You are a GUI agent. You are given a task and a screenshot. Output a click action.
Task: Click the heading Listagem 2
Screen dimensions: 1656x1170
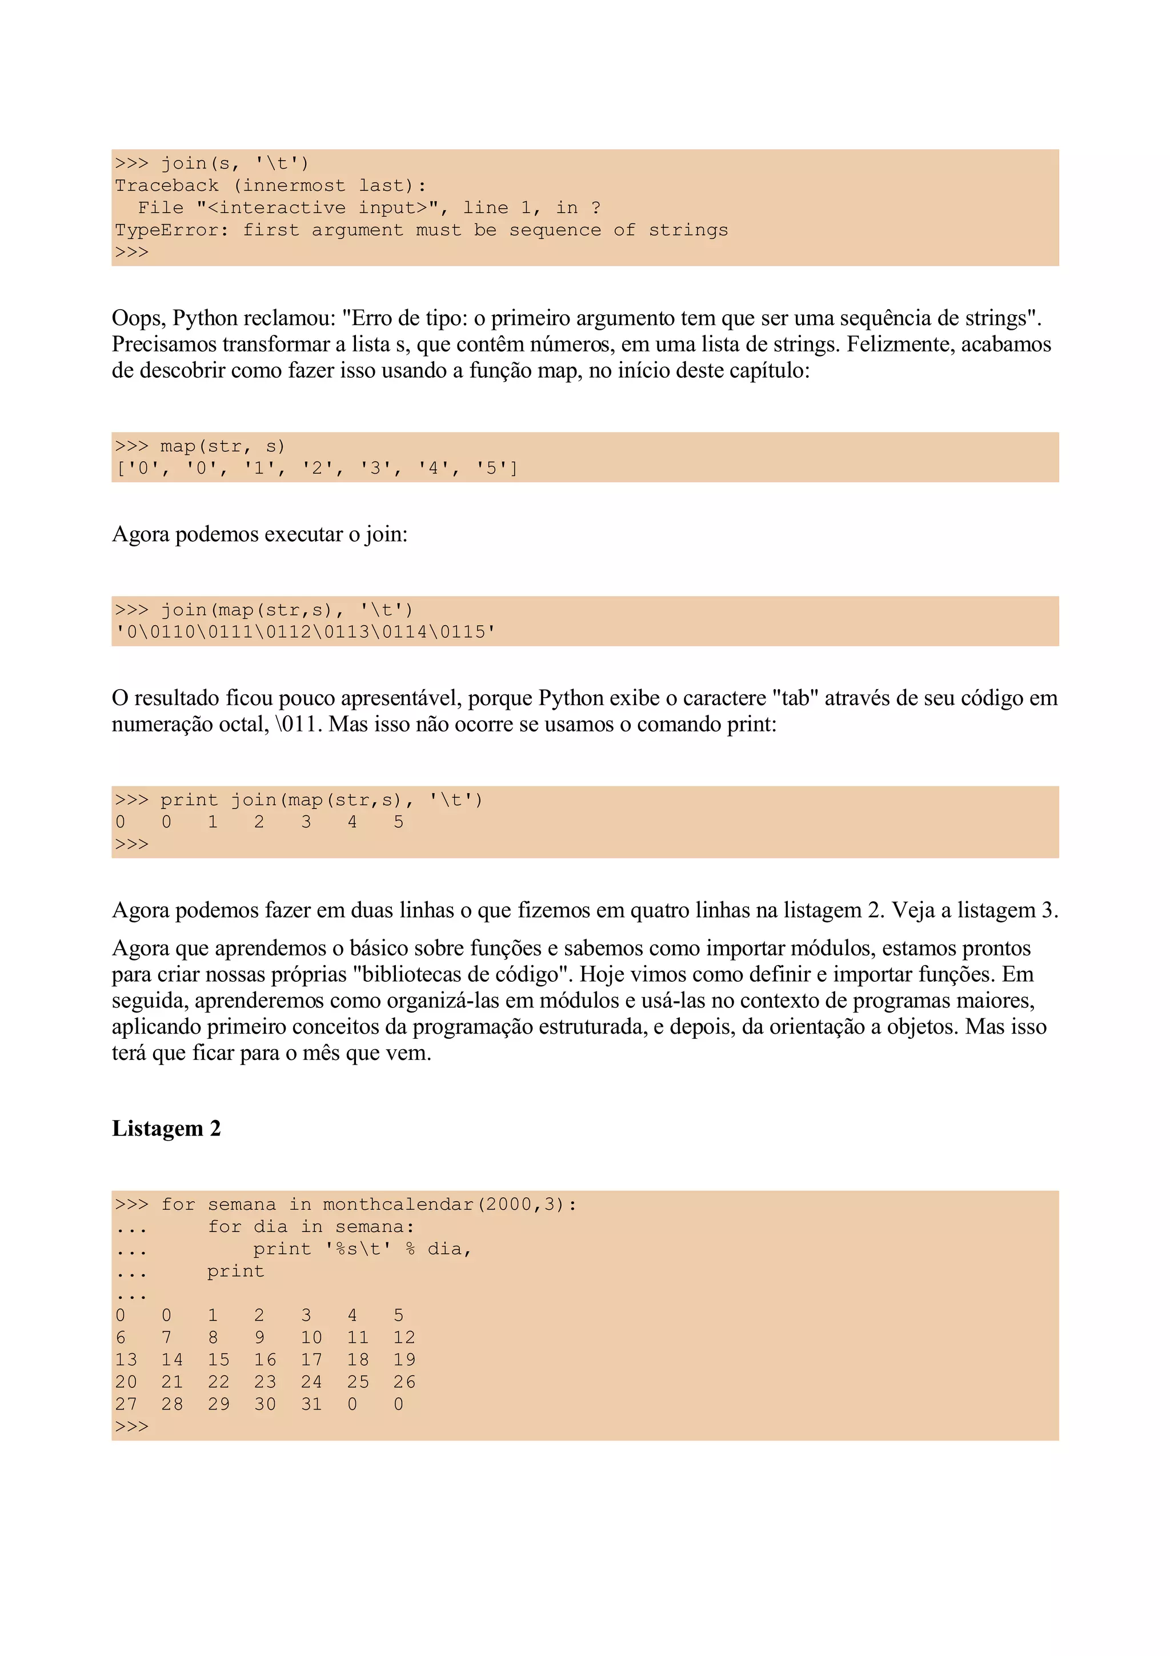(166, 1128)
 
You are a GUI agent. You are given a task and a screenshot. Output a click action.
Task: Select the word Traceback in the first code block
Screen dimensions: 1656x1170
(166, 185)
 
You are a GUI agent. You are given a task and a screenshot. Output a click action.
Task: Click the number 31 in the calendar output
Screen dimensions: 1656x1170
(311, 1404)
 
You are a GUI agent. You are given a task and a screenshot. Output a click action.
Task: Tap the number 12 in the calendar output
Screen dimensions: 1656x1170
(404, 1338)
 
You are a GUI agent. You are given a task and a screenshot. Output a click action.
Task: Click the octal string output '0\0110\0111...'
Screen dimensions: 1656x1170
(306, 633)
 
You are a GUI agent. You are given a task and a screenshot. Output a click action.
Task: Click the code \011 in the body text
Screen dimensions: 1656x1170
(296, 724)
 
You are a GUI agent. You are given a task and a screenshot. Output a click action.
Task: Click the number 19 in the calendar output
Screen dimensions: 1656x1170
(404, 1360)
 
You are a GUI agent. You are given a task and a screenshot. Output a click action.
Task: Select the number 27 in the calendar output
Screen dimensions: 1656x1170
(126, 1404)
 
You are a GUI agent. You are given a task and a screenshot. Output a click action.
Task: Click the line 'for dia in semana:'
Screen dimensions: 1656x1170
(311, 1227)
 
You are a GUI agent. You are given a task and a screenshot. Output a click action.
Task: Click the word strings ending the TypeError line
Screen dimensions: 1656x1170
(688, 230)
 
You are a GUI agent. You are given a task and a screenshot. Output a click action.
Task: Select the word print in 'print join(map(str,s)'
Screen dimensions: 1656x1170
(189, 800)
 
